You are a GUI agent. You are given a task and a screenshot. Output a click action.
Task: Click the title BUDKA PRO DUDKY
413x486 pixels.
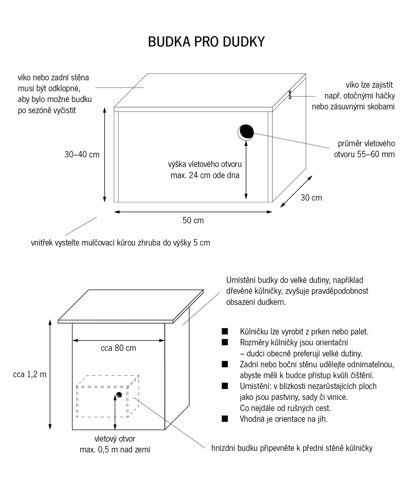point(206,42)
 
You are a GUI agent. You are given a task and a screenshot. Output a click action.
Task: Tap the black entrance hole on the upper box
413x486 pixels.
point(246,131)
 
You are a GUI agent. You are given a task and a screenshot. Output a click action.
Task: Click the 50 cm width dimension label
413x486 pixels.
point(193,220)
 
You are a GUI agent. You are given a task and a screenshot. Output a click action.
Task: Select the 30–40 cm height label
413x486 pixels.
point(82,154)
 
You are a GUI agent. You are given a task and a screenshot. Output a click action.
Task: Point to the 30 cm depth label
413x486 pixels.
point(311,197)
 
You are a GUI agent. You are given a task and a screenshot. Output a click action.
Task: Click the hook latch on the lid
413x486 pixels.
point(290,95)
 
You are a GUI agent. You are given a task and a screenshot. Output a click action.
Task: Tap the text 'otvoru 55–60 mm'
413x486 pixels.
point(364,154)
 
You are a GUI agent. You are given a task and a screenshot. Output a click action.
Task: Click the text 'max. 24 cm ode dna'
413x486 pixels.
point(205,175)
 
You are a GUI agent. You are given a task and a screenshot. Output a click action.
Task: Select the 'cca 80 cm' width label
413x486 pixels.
point(119,348)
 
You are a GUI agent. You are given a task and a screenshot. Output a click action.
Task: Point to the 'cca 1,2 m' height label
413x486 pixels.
point(30,374)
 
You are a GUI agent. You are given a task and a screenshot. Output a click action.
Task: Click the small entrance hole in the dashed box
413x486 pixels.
point(119,394)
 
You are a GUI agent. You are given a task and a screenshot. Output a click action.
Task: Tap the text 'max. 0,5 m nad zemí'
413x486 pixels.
point(115,449)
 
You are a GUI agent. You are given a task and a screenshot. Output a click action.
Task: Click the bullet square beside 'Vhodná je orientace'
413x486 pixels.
point(225,419)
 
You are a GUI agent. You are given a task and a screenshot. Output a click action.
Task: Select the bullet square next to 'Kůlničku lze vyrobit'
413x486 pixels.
point(225,332)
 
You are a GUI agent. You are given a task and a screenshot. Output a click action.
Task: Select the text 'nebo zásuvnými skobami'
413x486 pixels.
point(353,107)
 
